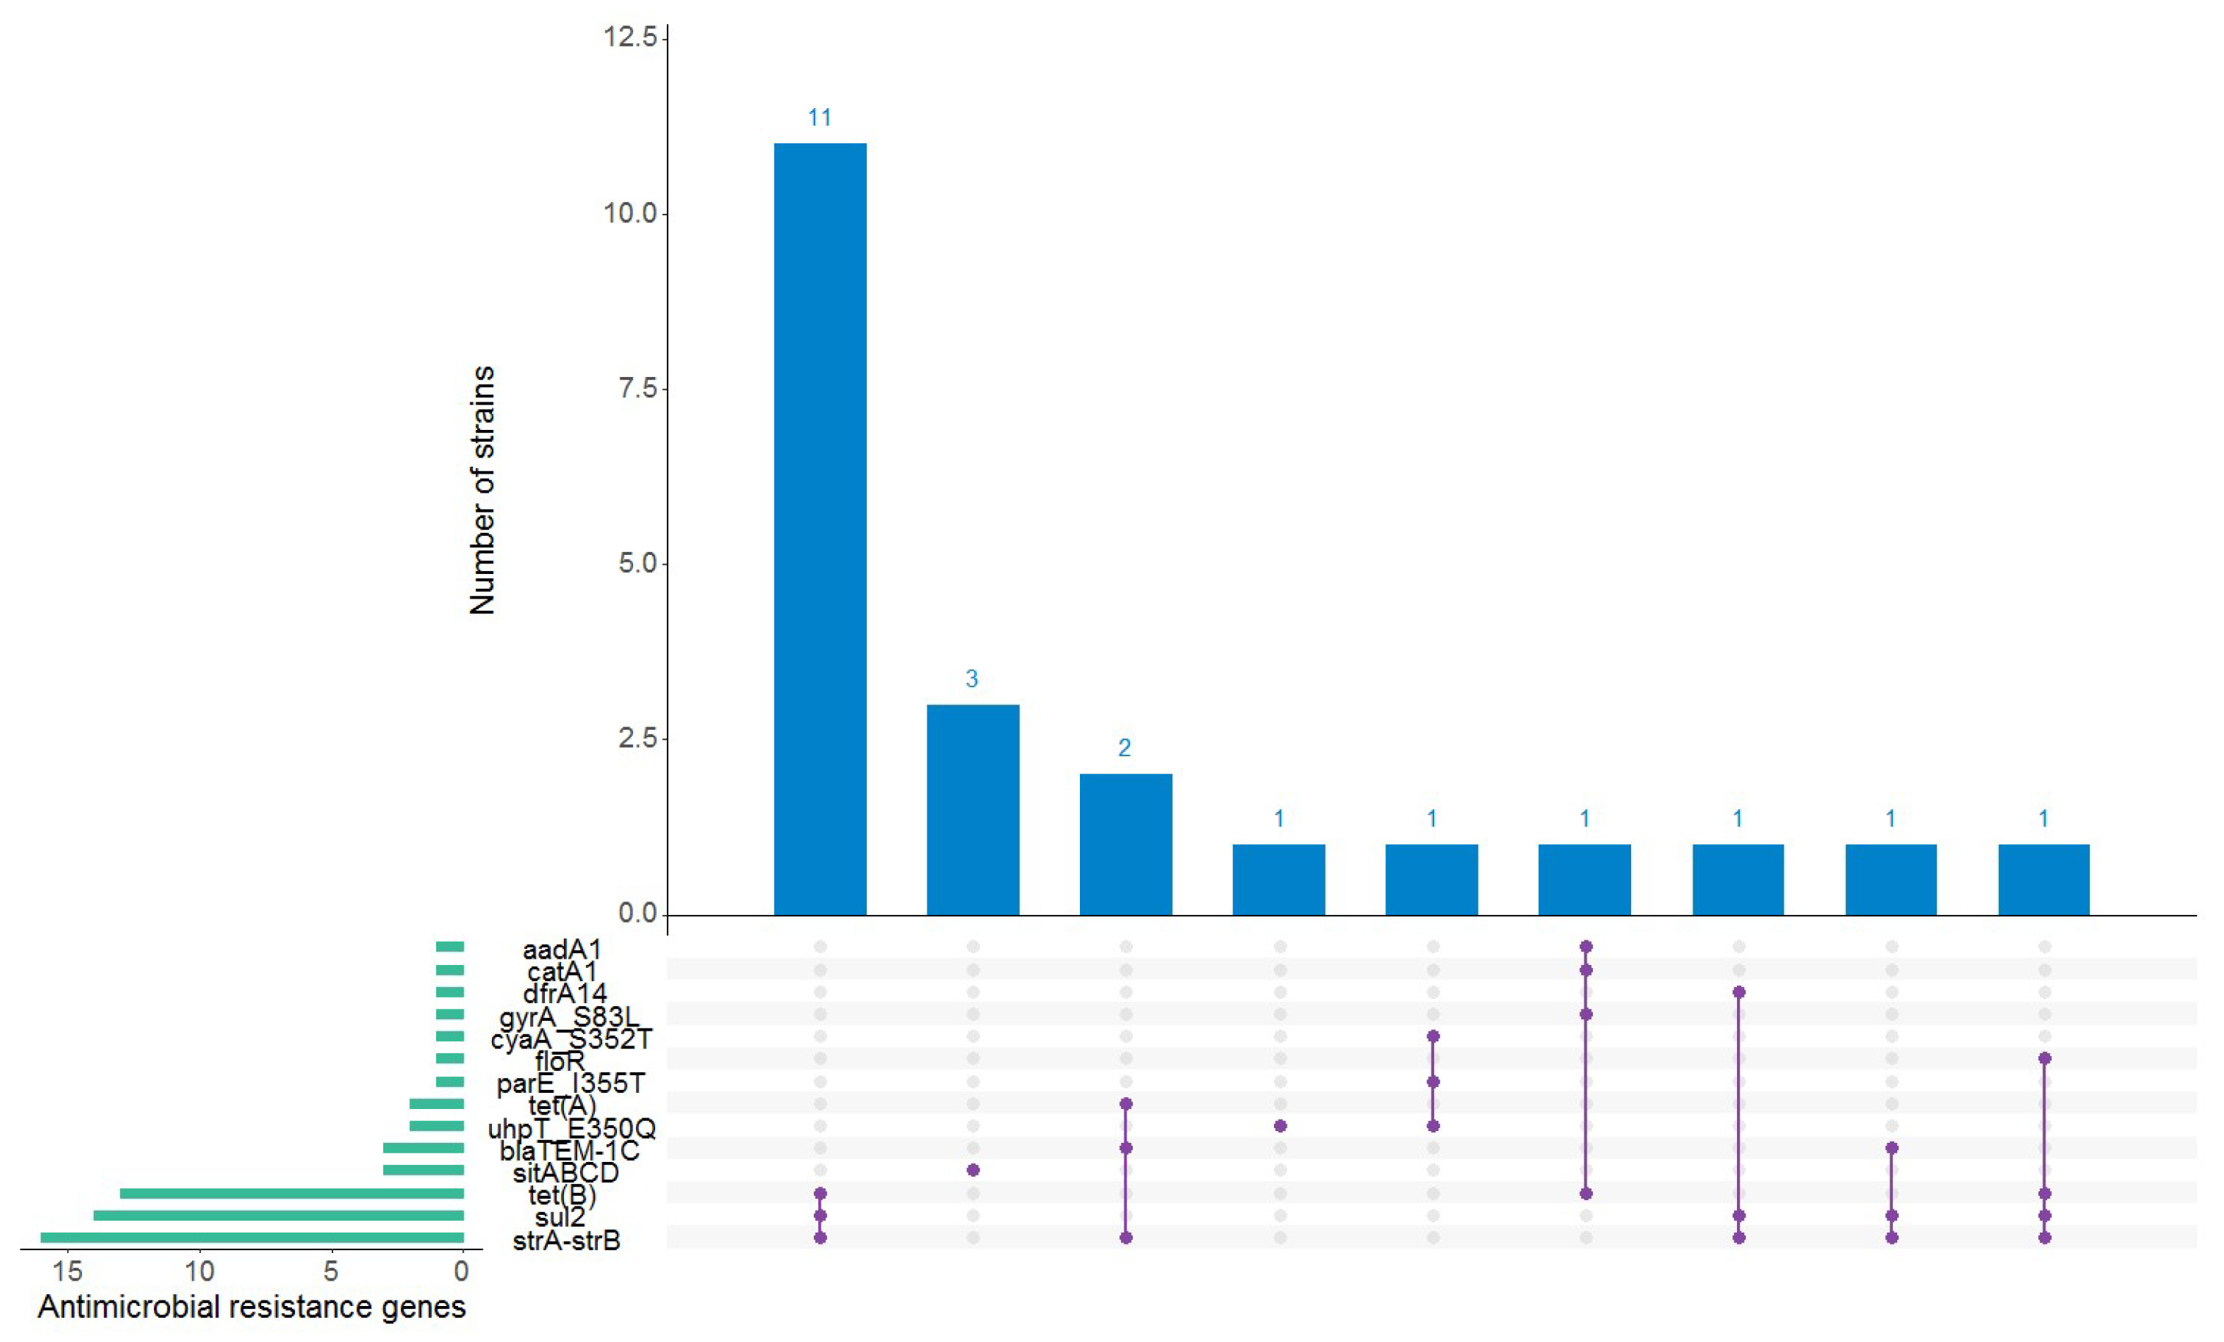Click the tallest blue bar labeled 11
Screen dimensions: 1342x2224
click(x=819, y=528)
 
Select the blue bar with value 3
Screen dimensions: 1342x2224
click(x=972, y=810)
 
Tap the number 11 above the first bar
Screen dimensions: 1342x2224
click(x=819, y=117)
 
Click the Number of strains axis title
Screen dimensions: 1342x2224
click(x=483, y=490)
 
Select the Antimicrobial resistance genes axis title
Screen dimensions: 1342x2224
click(x=252, y=1307)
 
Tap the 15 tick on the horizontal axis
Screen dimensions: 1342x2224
click(x=68, y=1271)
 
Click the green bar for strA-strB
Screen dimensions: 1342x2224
click(x=252, y=1238)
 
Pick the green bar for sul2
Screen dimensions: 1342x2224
click(x=278, y=1216)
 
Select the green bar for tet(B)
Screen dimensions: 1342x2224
click(x=291, y=1193)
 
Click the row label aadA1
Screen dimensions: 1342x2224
click(x=561, y=949)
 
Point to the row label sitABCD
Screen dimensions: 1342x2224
click(x=566, y=1173)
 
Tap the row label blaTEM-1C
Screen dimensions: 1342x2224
click(x=569, y=1151)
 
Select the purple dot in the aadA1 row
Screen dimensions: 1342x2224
click(x=1586, y=947)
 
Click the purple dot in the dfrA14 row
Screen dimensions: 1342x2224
click(x=1738, y=992)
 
